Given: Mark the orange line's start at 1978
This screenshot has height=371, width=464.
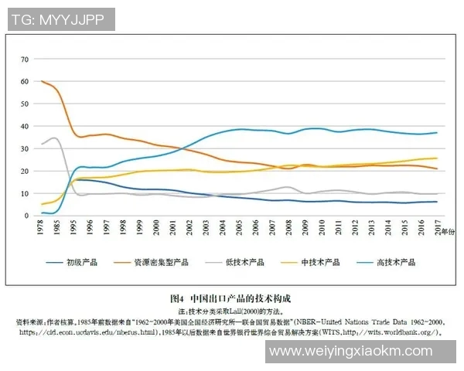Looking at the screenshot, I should click(x=42, y=81).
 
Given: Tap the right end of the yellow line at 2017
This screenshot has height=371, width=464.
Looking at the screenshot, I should click(x=437, y=158).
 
